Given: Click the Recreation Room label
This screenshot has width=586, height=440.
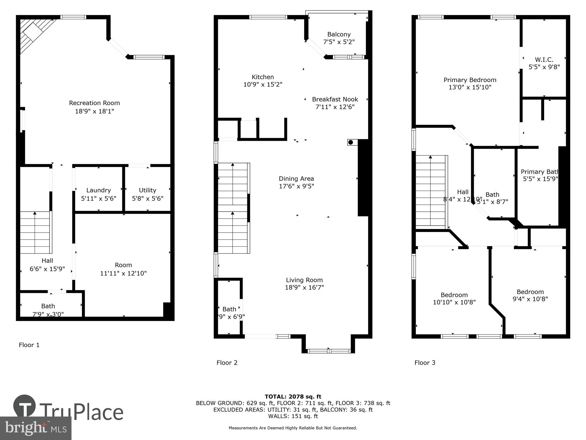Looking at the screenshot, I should tap(94, 103).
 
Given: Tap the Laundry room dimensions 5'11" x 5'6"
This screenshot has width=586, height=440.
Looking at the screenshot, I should tap(98, 199).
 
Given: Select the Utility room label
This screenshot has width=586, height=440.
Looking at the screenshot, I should tap(147, 190).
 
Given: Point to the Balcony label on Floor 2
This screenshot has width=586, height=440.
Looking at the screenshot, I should tap(339, 34).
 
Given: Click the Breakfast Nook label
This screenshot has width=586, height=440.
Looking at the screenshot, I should tap(335, 99).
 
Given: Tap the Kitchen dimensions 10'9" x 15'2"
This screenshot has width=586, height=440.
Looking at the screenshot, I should tap(263, 84).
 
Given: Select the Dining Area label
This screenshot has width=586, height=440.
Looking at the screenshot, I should tap(296, 178).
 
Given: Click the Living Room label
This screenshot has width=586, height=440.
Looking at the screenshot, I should tap(304, 280).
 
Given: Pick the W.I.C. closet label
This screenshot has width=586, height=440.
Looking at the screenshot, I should tap(544, 60).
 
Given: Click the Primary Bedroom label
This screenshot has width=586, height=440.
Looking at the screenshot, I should tap(470, 80).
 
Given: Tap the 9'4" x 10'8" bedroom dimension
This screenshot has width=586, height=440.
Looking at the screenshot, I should tap(530, 299).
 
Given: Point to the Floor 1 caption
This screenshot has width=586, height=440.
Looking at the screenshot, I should tap(29, 345).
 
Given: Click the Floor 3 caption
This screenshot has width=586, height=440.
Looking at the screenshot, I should tap(425, 363).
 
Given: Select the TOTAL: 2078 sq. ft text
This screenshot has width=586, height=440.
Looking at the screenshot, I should tap(293, 397).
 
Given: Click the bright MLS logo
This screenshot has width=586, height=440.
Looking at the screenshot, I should tap(35, 428).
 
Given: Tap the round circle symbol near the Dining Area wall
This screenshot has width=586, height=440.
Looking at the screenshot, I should tap(350, 143).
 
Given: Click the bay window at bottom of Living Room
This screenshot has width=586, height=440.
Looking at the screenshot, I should tap(329, 351).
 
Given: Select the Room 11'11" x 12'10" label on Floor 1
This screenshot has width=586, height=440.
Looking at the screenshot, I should tap(123, 269).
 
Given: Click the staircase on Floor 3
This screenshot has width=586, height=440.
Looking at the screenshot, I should tap(430, 191).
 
